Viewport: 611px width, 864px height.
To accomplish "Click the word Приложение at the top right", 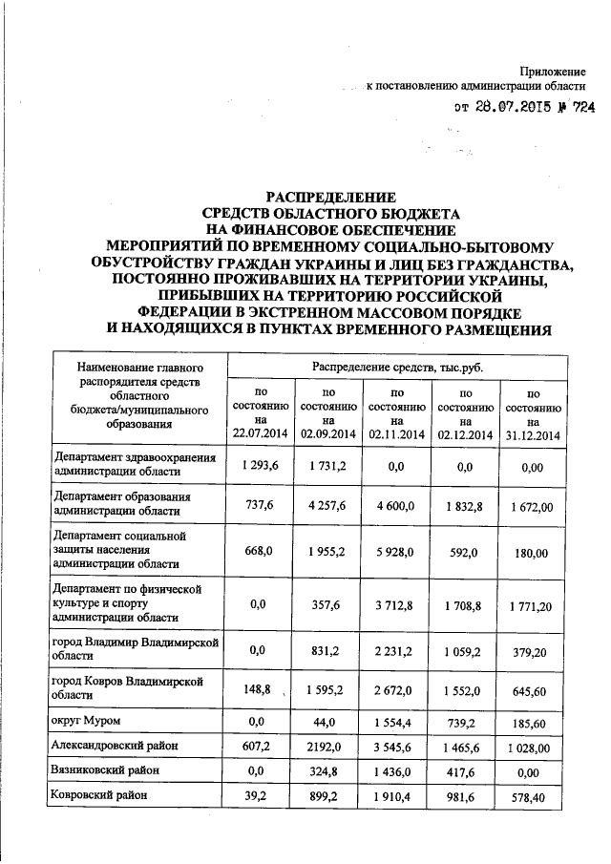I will [x=551, y=73].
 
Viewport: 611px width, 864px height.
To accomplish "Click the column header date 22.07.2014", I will [x=259, y=434].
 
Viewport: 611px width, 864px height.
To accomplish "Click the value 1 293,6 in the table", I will [x=259, y=465].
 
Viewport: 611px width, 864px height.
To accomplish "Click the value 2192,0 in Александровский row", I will [x=328, y=745].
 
